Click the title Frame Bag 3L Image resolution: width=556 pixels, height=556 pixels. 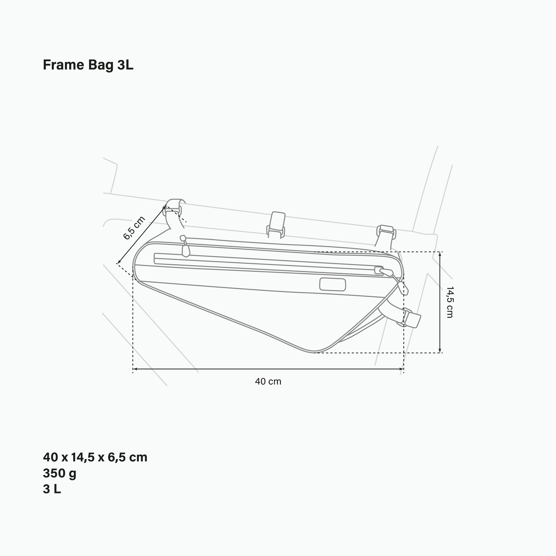coord(88,65)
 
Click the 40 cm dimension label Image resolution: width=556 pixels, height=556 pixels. coord(268,382)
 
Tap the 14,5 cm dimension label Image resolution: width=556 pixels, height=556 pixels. coord(449,302)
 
